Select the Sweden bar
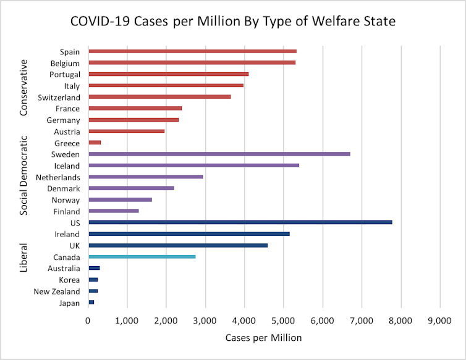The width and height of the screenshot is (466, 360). pos(219,154)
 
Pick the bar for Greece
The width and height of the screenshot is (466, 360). pos(95,143)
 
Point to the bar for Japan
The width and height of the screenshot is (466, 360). pos(91,303)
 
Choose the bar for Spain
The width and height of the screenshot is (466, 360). pos(192,51)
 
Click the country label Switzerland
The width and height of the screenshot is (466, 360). pos(59,98)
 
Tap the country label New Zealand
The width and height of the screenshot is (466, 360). pos(57,291)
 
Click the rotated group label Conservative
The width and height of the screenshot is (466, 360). pos(23,88)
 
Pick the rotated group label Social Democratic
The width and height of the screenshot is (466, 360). pos(23,175)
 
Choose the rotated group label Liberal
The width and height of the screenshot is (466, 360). pos(23,259)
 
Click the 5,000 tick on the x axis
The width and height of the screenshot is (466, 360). pos(284,321)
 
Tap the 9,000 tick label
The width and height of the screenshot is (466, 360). pos(439,321)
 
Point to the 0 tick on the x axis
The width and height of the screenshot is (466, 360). pos(88,321)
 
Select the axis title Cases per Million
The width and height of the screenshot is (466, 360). pos(263,338)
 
